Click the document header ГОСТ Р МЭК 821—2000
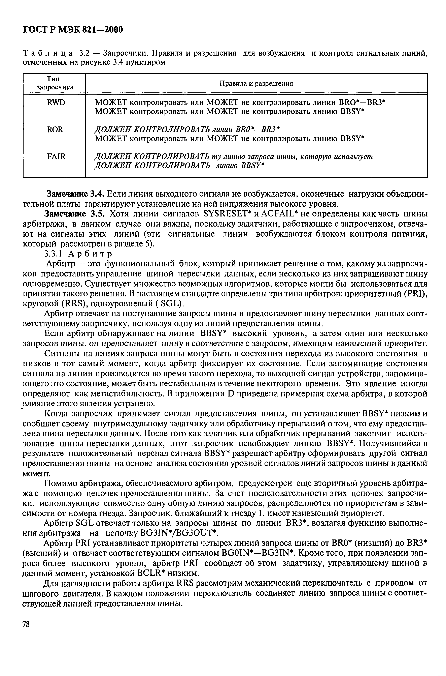pyautogui.click(x=73, y=29)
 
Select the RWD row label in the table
pyautogui.click(x=56, y=102)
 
